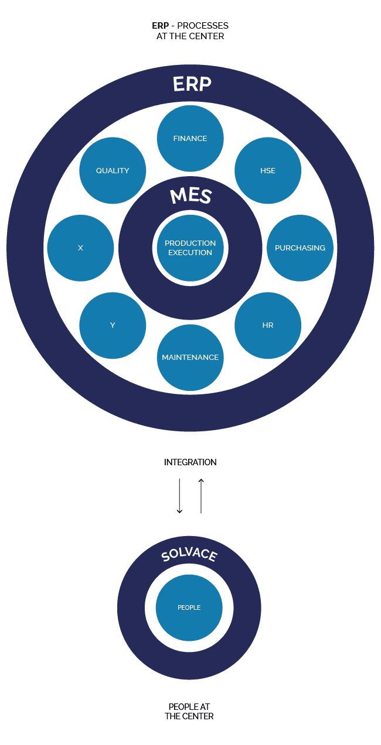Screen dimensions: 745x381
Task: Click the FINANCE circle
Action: [190, 138]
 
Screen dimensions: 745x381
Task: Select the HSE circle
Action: [267, 170]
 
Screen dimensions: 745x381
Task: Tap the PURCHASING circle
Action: [300, 248]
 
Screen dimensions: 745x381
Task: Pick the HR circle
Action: [267, 325]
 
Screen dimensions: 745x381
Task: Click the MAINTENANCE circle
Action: [190, 357]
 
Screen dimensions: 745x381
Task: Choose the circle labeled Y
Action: [113, 325]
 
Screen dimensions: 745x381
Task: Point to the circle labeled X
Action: [80, 248]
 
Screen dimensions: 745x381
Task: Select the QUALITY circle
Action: [113, 170]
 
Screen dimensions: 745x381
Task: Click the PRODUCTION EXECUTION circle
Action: [190, 248]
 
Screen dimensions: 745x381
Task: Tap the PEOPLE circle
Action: [189, 607]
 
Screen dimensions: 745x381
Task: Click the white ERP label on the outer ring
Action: [192, 84]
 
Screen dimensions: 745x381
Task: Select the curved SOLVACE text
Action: [189, 555]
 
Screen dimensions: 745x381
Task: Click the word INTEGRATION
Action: [190, 462]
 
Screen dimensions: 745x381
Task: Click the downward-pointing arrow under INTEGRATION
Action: [179, 496]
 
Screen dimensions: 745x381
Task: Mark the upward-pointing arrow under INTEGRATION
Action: [201, 496]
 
